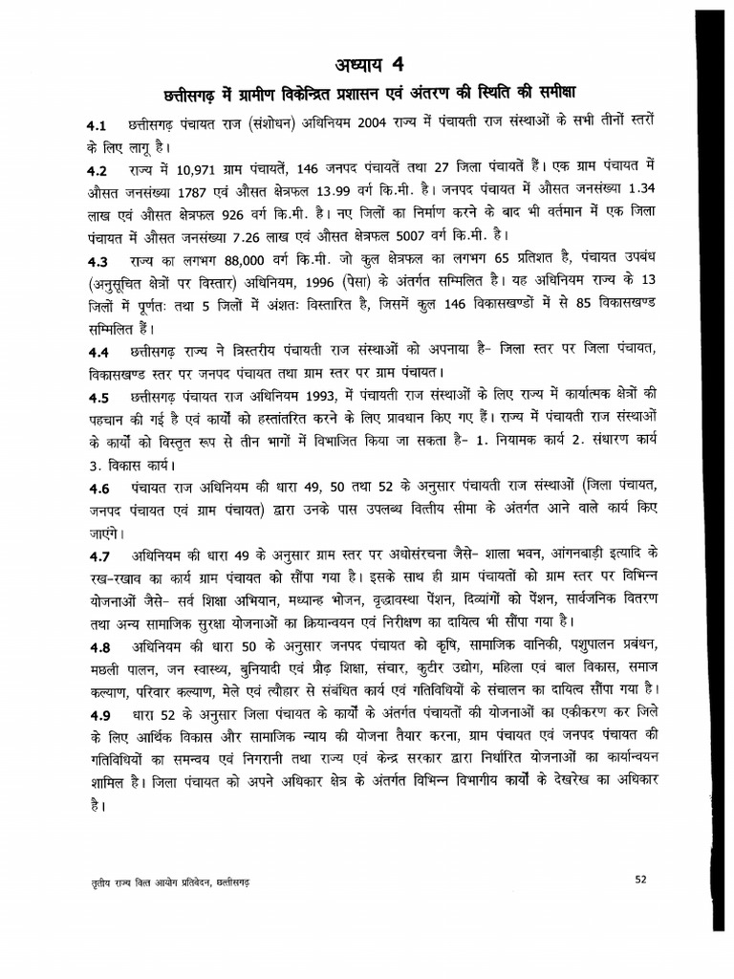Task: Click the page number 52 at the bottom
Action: (x=641, y=879)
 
